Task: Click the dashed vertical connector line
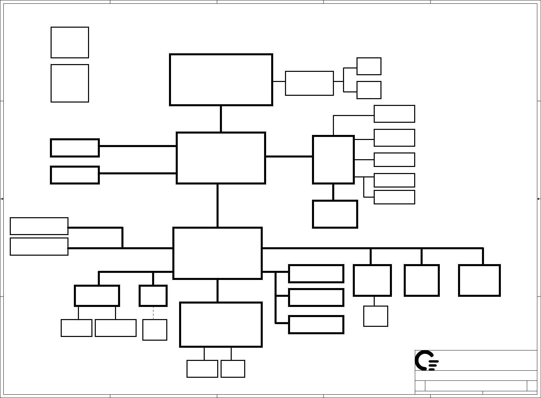[x=153, y=313]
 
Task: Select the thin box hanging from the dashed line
[x=155, y=330]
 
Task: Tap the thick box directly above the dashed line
[x=153, y=295]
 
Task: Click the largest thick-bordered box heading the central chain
[x=221, y=80]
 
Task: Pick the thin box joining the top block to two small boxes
[x=309, y=83]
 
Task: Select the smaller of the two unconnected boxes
[x=70, y=42]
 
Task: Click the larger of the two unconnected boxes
[x=70, y=83]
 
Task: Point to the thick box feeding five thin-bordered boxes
[x=333, y=160]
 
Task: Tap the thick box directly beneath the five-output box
[x=335, y=214]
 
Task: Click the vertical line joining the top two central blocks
[x=221, y=119]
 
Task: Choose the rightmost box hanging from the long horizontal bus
[x=479, y=280]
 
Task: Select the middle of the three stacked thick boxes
[x=316, y=297]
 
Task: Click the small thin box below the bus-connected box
[x=375, y=316]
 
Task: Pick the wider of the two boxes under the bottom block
[x=202, y=369]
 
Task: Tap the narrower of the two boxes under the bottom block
[x=233, y=369]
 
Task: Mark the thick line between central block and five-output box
[x=289, y=157]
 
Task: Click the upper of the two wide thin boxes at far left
[x=39, y=226]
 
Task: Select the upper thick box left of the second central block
[x=75, y=148]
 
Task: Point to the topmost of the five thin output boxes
[x=394, y=114]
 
